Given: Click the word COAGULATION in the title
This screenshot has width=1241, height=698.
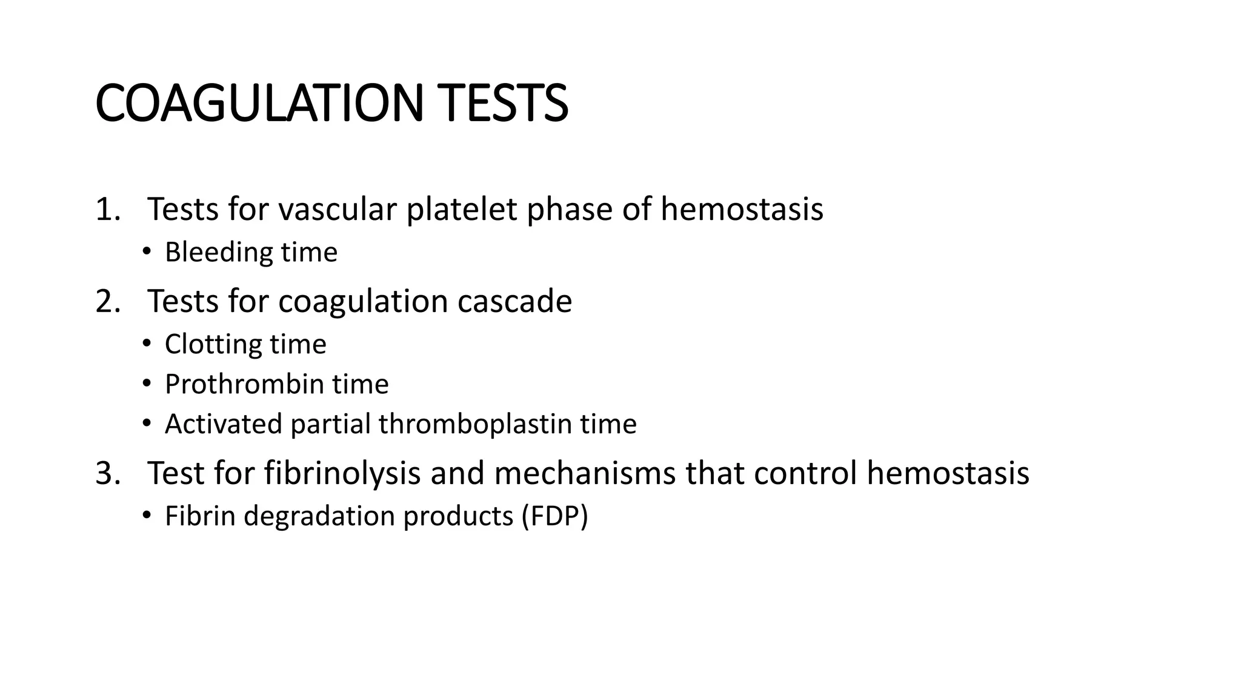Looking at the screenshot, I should (x=259, y=104).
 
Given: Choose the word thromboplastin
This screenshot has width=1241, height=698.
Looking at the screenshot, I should (x=475, y=424).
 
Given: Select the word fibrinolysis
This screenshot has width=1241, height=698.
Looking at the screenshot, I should (x=342, y=474).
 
